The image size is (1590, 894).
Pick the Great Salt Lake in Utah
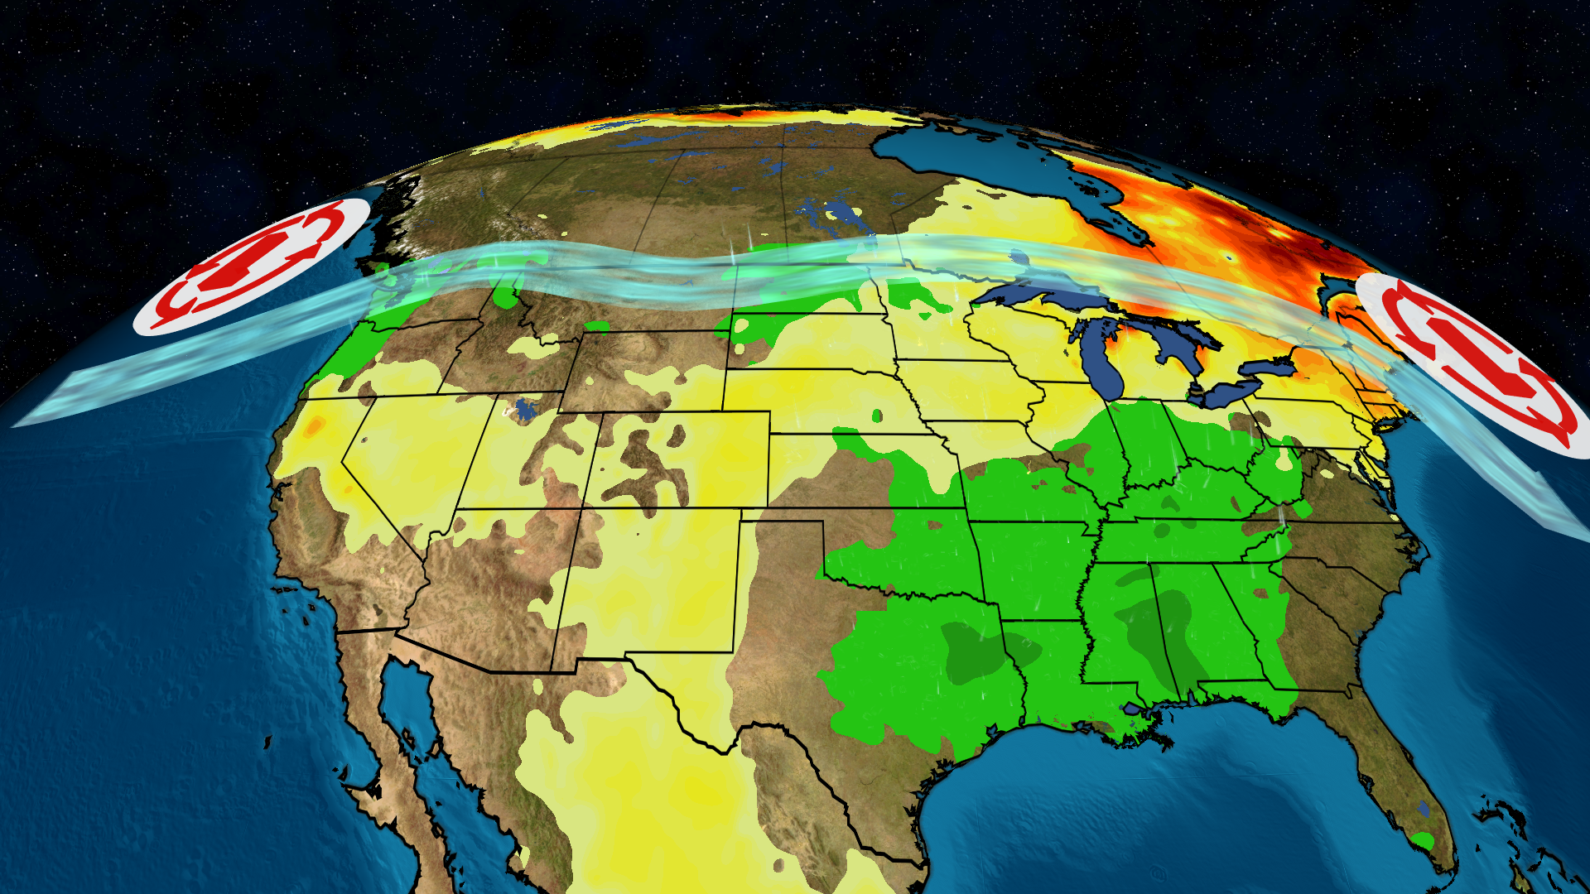524,409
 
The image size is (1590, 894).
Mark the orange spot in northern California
314,426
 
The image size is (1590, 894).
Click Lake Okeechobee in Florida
1424,807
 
